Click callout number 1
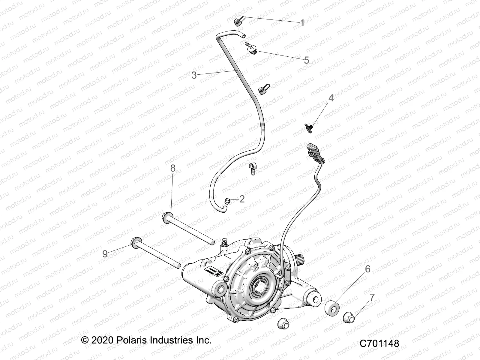[x=302, y=23]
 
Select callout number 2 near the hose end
[x=242, y=199]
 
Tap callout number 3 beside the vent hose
[x=194, y=75]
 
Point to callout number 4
[x=331, y=98]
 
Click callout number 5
[x=306, y=60]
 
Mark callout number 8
[x=173, y=168]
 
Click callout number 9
[x=105, y=254]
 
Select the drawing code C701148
[x=379, y=343]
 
